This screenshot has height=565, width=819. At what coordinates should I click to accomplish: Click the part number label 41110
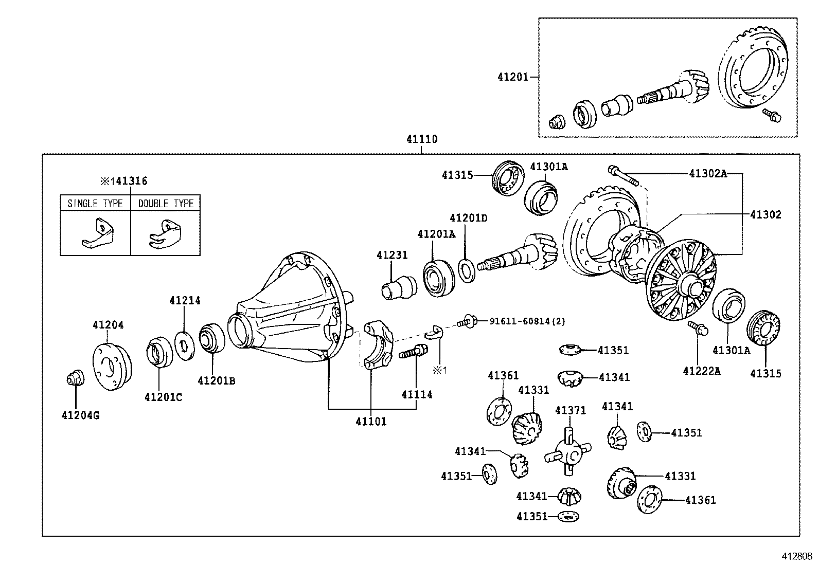(421, 139)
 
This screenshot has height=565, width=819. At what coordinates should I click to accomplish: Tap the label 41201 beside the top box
(512, 77)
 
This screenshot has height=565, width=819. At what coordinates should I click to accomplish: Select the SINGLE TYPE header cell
(95, 204)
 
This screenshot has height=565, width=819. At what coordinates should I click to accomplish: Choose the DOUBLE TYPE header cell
(166, 204)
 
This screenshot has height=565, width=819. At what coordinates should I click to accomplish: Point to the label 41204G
(80, 415)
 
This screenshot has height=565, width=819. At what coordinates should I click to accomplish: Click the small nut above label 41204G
(75, 378)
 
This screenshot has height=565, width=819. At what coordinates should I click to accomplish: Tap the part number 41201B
(217, 381)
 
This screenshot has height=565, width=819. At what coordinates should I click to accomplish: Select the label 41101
(370, 422)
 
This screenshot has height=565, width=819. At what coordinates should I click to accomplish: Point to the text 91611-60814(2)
(527, 321)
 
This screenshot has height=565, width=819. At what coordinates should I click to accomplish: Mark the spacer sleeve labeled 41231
(399, 287)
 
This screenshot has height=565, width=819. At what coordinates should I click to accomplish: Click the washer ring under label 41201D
(466, 271)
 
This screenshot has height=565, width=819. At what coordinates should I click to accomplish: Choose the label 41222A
(702, 371)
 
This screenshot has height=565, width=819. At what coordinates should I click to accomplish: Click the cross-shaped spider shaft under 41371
(568, 451)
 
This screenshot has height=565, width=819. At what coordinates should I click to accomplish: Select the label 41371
(570, 410)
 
